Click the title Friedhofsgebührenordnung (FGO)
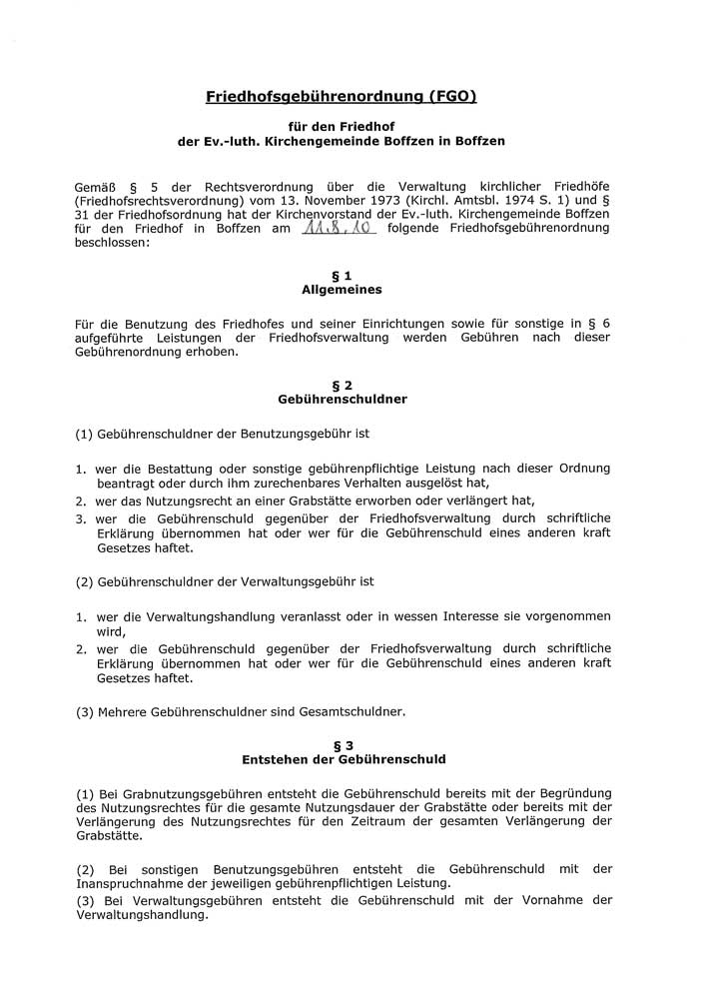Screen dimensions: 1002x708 (341, 97)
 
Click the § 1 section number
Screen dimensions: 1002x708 (342, 275)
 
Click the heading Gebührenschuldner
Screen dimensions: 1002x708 (342, 399)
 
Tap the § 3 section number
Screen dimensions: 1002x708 (342, 744)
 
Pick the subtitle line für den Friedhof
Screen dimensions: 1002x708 (341, 127)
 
